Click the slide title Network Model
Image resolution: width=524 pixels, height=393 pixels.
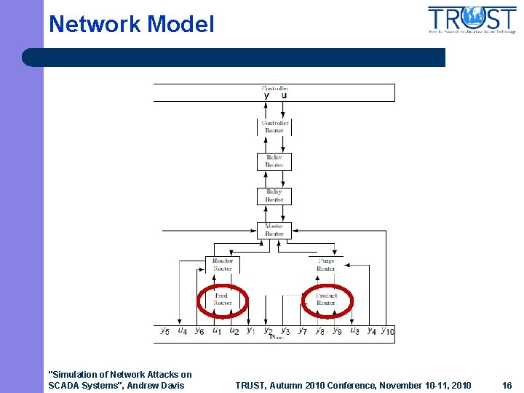(132, 24)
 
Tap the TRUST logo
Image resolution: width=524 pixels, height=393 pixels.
(472, 20)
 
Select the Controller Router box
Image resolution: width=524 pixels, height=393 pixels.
(274, 127)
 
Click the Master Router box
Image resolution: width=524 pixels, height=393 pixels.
(274, 230)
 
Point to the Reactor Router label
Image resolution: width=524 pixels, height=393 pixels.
(223, 264)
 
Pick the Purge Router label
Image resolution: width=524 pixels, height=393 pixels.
(326, 264)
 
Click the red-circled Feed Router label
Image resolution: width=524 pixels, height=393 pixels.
(222, 299)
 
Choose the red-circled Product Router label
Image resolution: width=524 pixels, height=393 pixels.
(326, 299)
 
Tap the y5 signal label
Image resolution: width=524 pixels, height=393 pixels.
(165, 331)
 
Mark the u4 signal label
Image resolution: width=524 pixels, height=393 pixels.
(183, 331)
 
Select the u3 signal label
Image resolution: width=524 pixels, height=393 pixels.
(354, 331)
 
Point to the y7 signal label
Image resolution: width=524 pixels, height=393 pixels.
(303, 331)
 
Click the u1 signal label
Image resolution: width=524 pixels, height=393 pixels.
(217, 331)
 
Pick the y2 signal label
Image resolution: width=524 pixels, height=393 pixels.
(268, 331)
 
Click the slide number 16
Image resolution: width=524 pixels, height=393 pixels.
(507, 385)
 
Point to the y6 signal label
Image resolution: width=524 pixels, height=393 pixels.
(199, 331)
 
